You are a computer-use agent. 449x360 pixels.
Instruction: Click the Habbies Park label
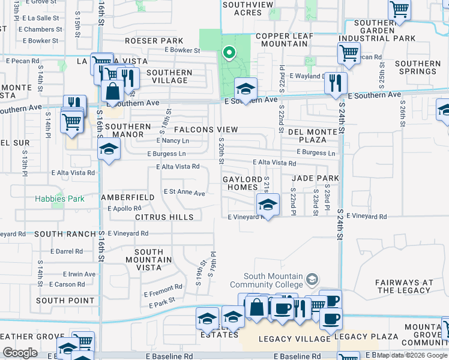[59, 198]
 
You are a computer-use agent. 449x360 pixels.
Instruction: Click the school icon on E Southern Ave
[246, 89]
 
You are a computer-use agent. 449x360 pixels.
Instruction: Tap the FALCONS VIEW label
[206, 130]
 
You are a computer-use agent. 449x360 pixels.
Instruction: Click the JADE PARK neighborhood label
[316, 178]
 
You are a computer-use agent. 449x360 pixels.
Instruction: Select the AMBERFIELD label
[128, 197]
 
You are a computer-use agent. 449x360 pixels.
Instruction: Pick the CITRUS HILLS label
[164, 217]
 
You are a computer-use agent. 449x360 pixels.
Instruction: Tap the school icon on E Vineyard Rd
[268, 205]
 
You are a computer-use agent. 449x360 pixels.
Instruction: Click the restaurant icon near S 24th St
[336, 83]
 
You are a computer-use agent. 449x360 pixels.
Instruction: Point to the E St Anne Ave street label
[185, 193]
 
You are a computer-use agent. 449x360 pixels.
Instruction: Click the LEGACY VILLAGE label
[286, 339]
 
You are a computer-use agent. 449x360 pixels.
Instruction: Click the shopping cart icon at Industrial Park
[349, 53]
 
